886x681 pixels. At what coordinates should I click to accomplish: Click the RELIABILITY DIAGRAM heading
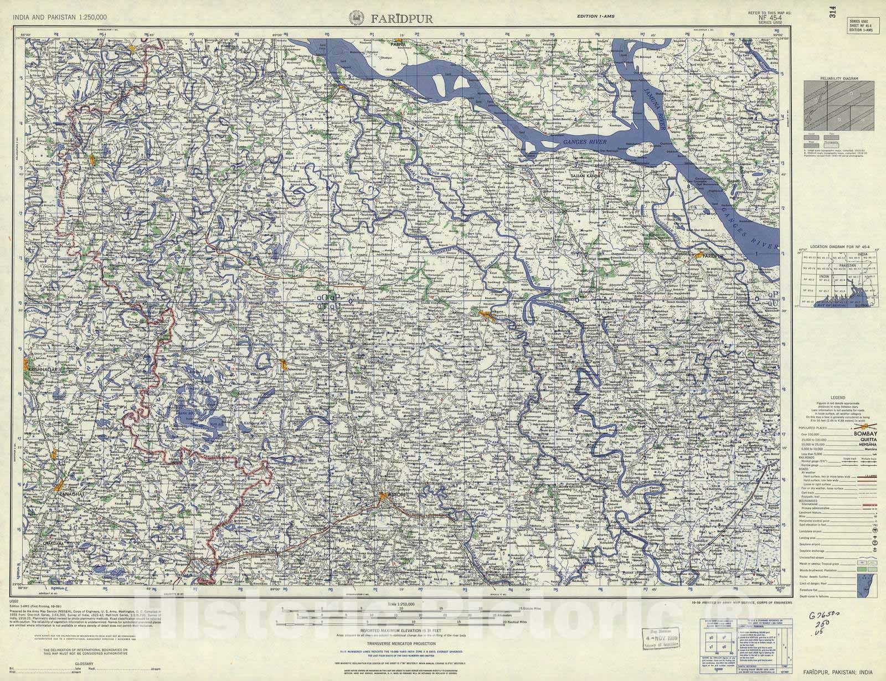(x=840, y=79)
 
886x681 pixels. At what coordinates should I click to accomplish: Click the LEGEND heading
(x=838, y=398)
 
